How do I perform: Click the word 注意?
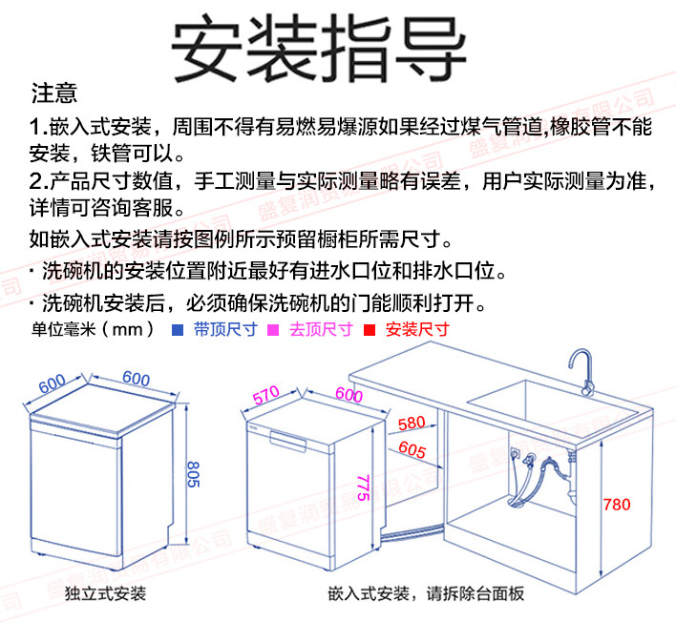coord(54,94)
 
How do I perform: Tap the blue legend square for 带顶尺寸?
coord(177,330)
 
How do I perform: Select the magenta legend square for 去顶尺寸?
coord(271,330)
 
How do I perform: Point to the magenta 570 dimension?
coord(264,393)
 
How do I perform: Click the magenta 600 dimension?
coord(349,394)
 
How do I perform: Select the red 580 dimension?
coord(411,423)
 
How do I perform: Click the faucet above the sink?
coord(581,367)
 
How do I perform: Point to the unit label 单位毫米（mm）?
coord(94,330)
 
